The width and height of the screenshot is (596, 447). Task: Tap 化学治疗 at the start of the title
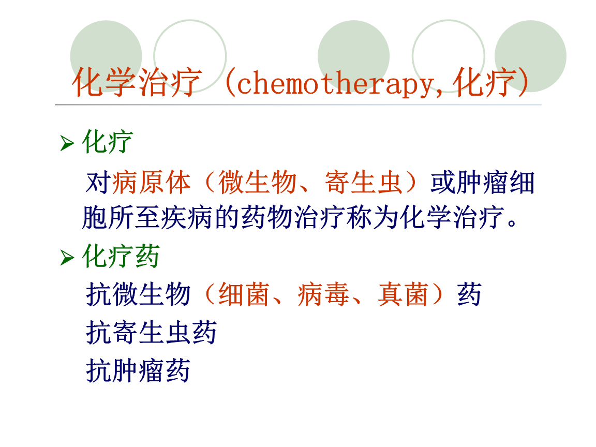pyautogui.click(x=136, y=83)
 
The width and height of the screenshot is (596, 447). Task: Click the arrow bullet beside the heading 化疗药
pyautogui.click(x=67, y=257)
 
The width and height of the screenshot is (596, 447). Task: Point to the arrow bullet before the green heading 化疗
pyautogui.click(x=67, y=143)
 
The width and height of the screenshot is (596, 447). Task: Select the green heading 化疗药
pyautogui.click(x=121, y=257)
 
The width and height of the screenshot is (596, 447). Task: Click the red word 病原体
pyautogui.click(x=151, y=183)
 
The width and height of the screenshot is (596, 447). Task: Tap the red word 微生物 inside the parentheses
pyautogui.click(x=258, y=183)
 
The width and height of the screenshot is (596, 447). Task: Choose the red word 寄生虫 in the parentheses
pyautogui.click(x=364, y=183)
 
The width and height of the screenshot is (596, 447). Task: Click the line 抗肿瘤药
pyautogui.click(x=138, y=370)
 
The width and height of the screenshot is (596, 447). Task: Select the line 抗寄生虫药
pyautogui.click(x=151, y=332)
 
